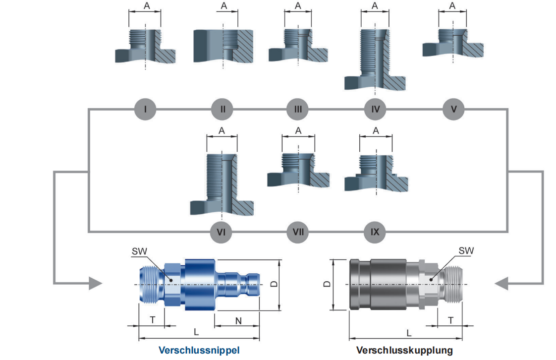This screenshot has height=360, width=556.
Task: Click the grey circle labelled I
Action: (x=145, y=109)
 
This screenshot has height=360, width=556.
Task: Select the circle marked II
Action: (x=222, y=109)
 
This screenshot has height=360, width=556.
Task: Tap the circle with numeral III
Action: (x=298, y=109)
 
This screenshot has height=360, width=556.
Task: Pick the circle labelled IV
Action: (x=375, y=109)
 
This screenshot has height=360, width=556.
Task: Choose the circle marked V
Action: (x=453, y=109)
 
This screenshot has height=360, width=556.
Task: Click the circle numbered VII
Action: (x=298, y=232)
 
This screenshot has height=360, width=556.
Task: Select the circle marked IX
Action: (x=375, y=232)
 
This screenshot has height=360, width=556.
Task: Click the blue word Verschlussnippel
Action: (x=199, y=350)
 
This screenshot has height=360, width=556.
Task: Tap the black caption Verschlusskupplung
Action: (x=404, y=350)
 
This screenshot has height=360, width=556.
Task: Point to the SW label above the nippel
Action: (x=140, y=252)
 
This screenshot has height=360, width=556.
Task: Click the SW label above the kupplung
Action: (x=466, y=251)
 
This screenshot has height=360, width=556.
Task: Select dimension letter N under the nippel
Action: (x=238, y=320)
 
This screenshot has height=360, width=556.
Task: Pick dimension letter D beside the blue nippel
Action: (x=273, y=284)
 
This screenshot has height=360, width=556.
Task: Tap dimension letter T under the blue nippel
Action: (x=153, y=320)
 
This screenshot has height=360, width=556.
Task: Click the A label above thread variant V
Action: (x=452, y=6)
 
